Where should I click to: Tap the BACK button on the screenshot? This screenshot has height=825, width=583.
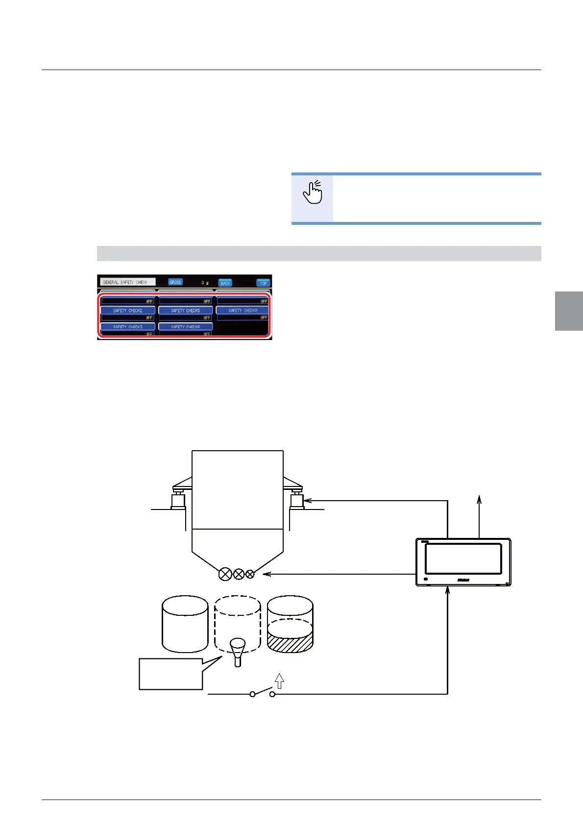click(x=225, y=283)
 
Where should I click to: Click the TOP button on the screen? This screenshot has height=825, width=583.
click(x=263, y=283)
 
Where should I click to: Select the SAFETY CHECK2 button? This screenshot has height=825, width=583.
click(x=127, y=311)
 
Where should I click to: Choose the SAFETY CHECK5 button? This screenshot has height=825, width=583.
click(x=185, y=311)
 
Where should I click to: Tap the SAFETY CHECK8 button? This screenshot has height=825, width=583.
click(x=243, y=311)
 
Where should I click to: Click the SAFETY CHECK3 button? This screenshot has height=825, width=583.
click(x=127, y=327)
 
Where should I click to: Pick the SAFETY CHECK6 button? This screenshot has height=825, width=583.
click(x=185, y=327)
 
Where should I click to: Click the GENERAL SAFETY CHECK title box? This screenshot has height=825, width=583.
click(x=127, y=282)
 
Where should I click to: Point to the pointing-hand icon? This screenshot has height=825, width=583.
click(x=313, y=192)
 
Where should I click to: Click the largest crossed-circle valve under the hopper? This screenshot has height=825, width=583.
click(x=225, y=574)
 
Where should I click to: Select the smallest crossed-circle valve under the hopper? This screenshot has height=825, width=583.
click(x=250, y=574)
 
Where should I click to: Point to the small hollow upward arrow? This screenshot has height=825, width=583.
click(x=279, y=680)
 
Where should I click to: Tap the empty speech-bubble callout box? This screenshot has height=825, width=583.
click(x=170, y=674)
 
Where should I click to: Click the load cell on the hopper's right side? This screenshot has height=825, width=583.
click(x=296, y=501)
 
